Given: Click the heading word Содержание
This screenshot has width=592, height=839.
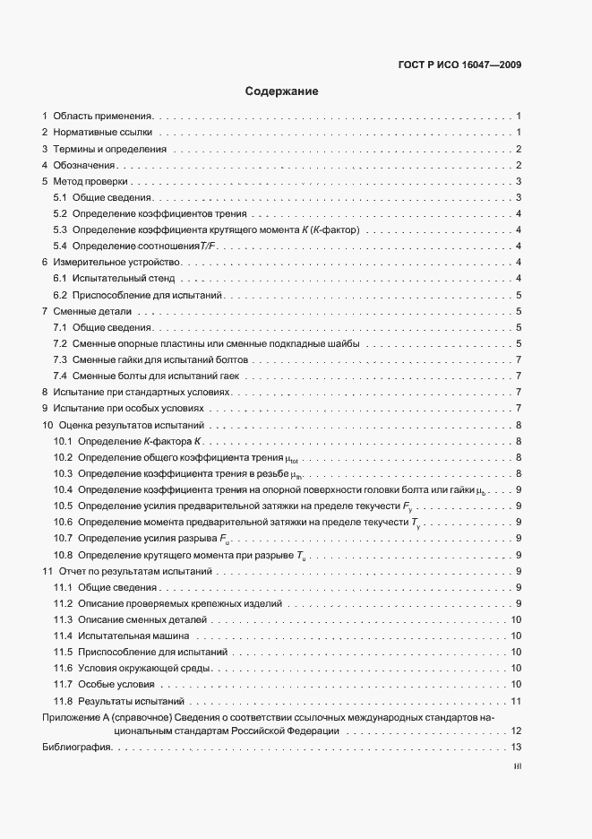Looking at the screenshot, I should coord(281,91).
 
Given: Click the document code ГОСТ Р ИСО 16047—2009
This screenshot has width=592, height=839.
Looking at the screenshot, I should coord(459,65).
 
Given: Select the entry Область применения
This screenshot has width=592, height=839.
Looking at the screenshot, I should coord(103,117).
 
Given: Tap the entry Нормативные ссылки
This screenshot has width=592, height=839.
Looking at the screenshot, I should coord(100,133).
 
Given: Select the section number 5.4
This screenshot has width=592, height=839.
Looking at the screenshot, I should coord(60,246).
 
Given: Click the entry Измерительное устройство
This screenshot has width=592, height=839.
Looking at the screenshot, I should coord(117,262).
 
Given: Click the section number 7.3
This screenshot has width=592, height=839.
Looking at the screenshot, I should coord(60,359).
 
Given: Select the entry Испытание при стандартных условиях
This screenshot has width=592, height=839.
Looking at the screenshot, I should coord(142,392).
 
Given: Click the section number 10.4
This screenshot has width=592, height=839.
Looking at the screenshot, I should coord(62,489).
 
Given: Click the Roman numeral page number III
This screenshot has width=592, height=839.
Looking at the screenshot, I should coord(517,766).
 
